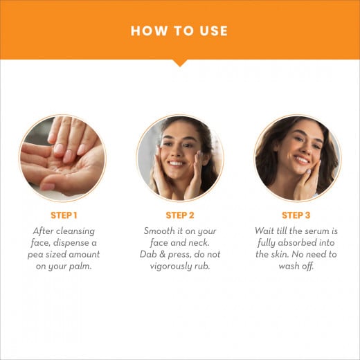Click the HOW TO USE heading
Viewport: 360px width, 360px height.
(x=179, y=30)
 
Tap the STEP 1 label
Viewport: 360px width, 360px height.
(x=63, y=215)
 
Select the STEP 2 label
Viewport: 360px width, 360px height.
(x=179, y=215)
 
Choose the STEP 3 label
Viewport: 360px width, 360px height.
(x=296, y=215)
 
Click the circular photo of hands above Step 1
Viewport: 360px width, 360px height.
(x=63, y=158)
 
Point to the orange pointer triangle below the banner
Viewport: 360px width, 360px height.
(x=180, y=63)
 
